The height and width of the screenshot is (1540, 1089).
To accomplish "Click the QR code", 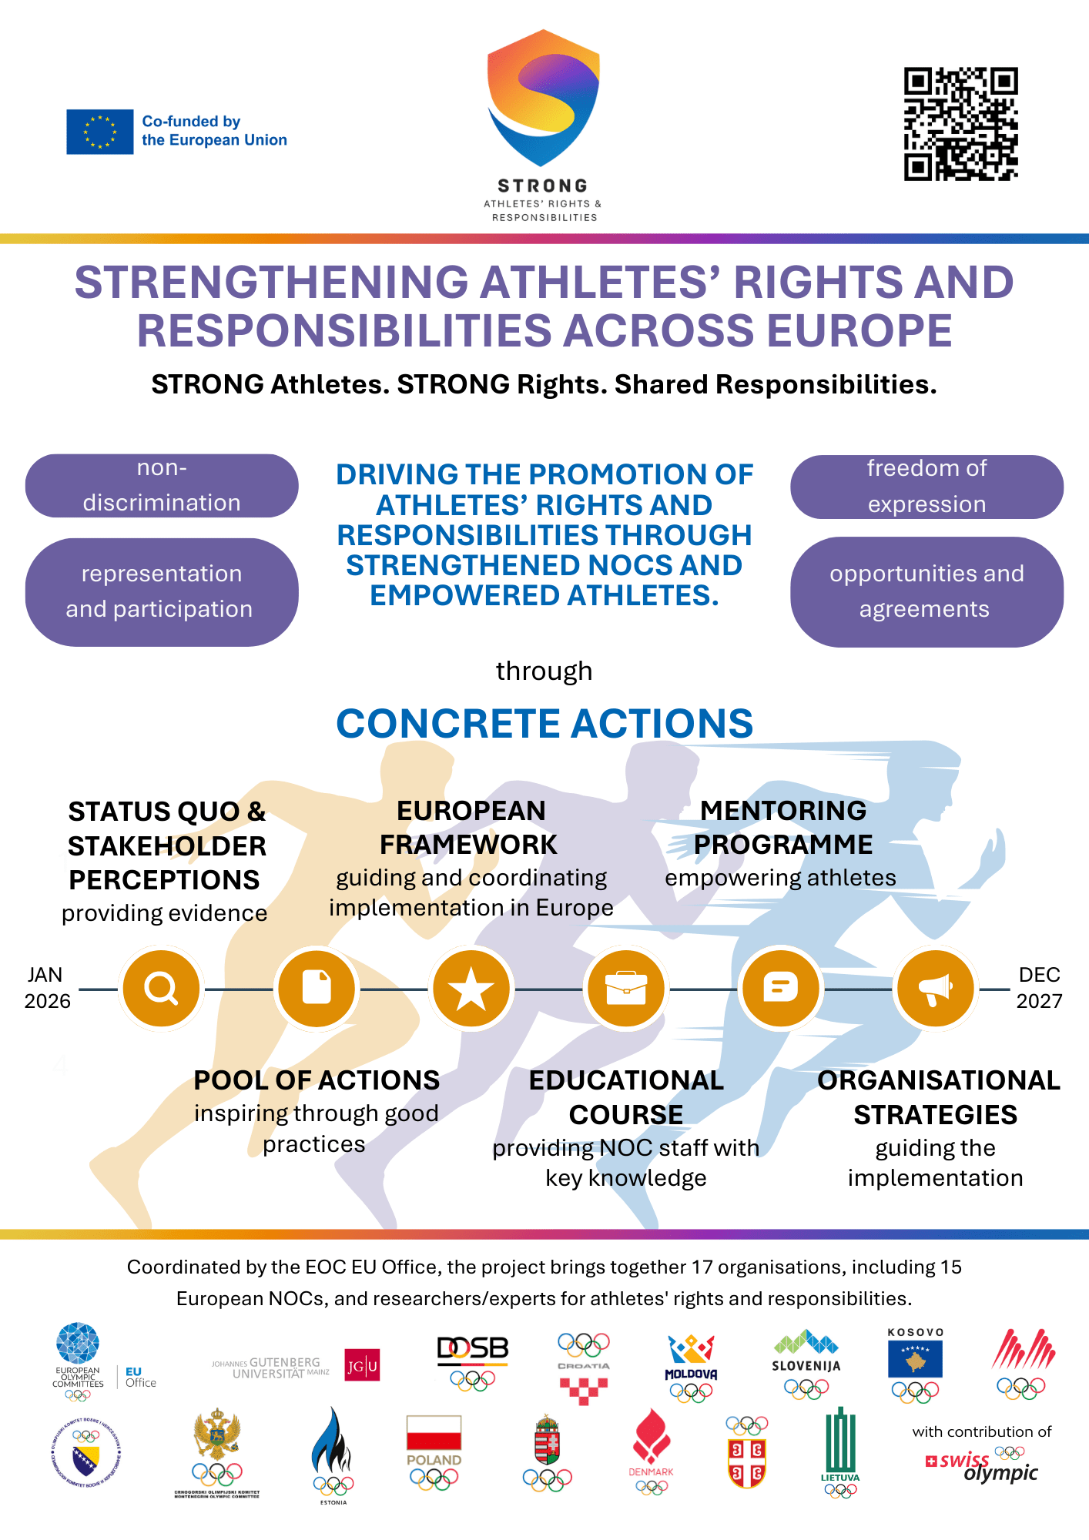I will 960,124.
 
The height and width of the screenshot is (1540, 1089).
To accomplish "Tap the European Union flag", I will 100,132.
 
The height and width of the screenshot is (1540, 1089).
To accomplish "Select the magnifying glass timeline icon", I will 162,988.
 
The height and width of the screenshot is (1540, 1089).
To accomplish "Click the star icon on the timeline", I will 471,988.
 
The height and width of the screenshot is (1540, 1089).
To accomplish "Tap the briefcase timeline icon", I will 626,988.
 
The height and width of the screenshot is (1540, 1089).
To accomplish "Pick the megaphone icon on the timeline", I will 936,988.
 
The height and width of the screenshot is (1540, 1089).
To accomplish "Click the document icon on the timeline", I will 317,988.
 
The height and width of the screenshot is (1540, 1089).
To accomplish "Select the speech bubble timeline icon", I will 780,988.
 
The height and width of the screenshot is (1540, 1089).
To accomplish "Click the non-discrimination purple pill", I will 162,486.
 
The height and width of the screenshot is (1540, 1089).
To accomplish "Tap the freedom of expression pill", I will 926,487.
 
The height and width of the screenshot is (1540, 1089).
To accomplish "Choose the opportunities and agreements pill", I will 926,591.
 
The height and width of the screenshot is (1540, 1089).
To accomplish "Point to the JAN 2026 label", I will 47,988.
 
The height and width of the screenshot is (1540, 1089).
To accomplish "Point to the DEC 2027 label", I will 1039,988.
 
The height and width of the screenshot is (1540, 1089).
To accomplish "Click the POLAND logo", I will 434,1452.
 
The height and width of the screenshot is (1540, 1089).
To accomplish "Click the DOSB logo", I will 473,1363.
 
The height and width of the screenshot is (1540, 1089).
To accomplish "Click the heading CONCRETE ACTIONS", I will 544,724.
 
